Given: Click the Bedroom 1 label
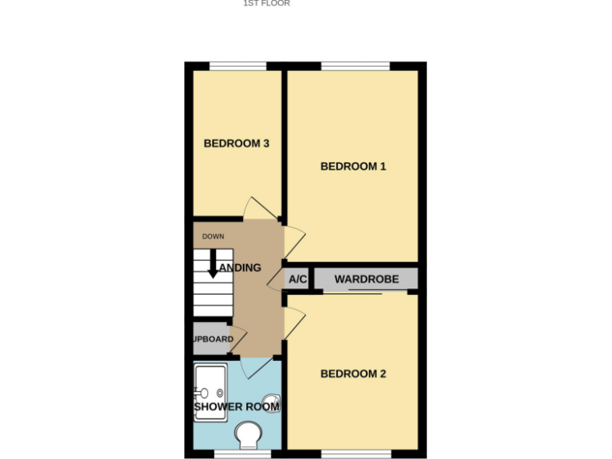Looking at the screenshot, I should pos(353,167).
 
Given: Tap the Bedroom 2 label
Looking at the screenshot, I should pos(353,374).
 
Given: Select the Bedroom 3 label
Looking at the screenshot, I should pos(237,143).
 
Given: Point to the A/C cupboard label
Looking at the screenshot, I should pos(298,280).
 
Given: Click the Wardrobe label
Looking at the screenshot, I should pos(366,280).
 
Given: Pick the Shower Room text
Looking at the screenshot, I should pos(237,406).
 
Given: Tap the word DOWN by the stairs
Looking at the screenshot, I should pos(213,237).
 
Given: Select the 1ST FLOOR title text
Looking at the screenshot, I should pos(266,3).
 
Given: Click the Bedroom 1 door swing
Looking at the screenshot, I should pos(294,238).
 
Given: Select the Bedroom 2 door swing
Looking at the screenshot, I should pos(293,323).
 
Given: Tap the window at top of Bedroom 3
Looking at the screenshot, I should pos(237,66).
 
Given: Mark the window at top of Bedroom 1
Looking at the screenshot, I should pos(355,66).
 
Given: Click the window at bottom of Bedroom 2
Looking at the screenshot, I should pos(355,454).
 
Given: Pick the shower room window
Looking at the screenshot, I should pos(237,454).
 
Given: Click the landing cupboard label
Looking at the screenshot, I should pos(214,339).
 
